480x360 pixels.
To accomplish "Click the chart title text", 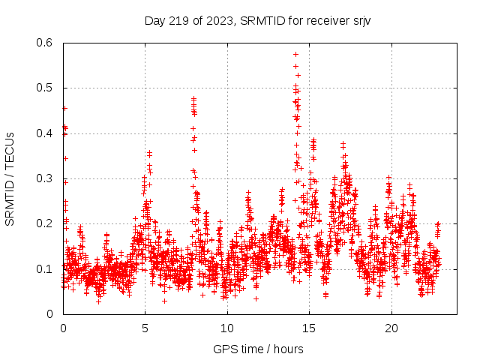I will tap(257, 20).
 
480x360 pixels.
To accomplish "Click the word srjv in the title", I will tap(359, 20).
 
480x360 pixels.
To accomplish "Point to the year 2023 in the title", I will tap(218, 20).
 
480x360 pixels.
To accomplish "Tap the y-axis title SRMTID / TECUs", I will tap(10, 178).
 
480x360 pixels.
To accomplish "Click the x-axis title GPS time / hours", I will tap(258, 349).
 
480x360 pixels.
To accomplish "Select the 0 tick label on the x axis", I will tap(63, 328).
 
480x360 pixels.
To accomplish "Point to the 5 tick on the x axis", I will tap(145, 328).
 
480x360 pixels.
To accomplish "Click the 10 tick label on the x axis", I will tap(226, 328).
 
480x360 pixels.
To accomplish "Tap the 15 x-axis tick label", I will tap(308, 328).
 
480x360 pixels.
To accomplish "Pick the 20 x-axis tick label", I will tap(390, 328).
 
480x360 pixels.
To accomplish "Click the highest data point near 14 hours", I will tap(295, 54).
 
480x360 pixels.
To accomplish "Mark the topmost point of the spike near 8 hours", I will tap(193, 98).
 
